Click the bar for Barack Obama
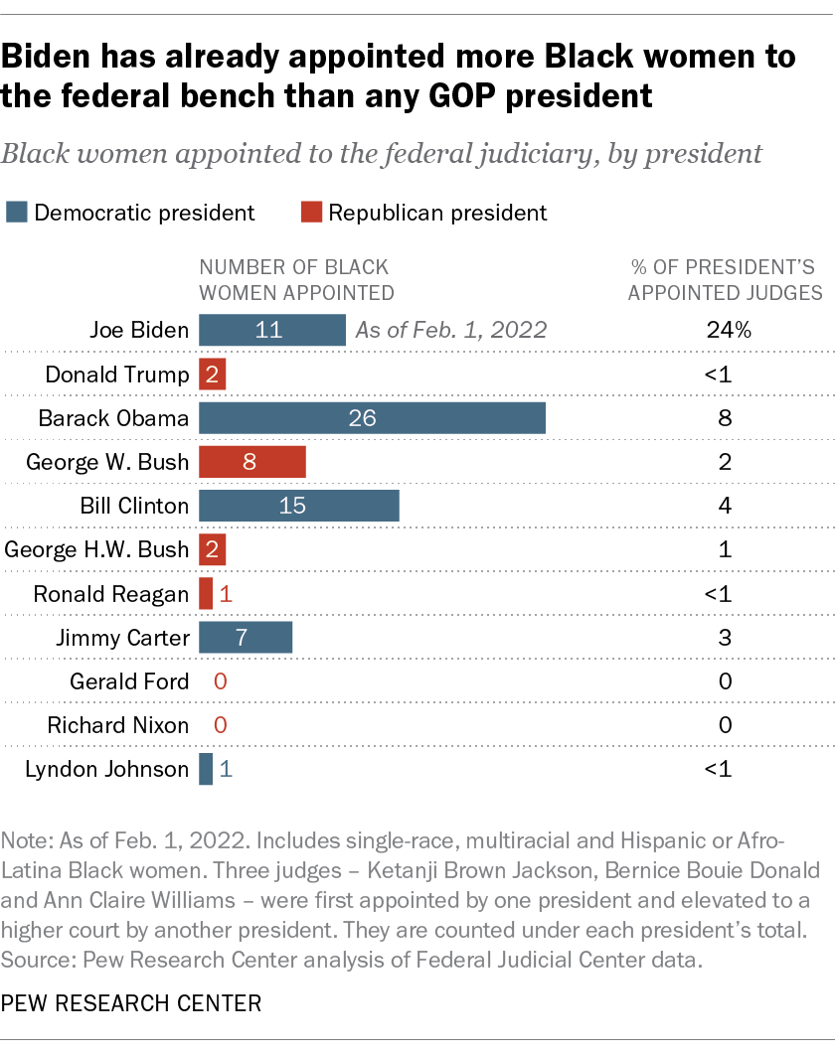[372, 418]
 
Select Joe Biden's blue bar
[271, 331]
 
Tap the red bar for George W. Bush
[251, 462]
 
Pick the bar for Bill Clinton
[298, 506]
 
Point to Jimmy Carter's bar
[246, 638]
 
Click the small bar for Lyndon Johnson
[206, 769]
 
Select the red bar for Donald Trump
[213, 375]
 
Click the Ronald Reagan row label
[110, 594]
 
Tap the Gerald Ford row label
[129, 681]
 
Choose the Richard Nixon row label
[117, 725]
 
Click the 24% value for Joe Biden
[725, 331]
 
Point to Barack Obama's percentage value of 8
[725, 418]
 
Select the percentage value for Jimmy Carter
[725, 638]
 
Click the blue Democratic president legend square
[16, 212]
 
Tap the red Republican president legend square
[311, 212]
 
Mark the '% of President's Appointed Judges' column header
[726, 279]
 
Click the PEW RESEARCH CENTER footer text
[131, 1003]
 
